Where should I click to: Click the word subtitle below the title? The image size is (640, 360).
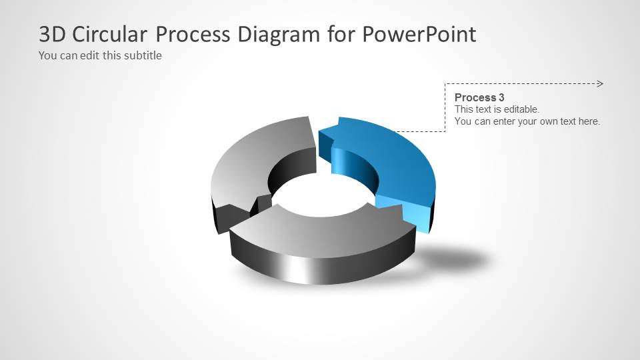(x=142, y=55)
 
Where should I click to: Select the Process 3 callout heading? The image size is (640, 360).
(x=479, y=97)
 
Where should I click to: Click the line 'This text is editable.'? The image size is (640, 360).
(x=497, y=109)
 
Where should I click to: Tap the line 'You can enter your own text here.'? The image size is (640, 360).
(x=527, y=121)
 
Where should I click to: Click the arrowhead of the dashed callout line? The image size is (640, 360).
(x=600, y=84)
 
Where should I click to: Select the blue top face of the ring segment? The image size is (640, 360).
(x=393, y=153)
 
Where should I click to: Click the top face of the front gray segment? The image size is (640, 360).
(x=320, y=230)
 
